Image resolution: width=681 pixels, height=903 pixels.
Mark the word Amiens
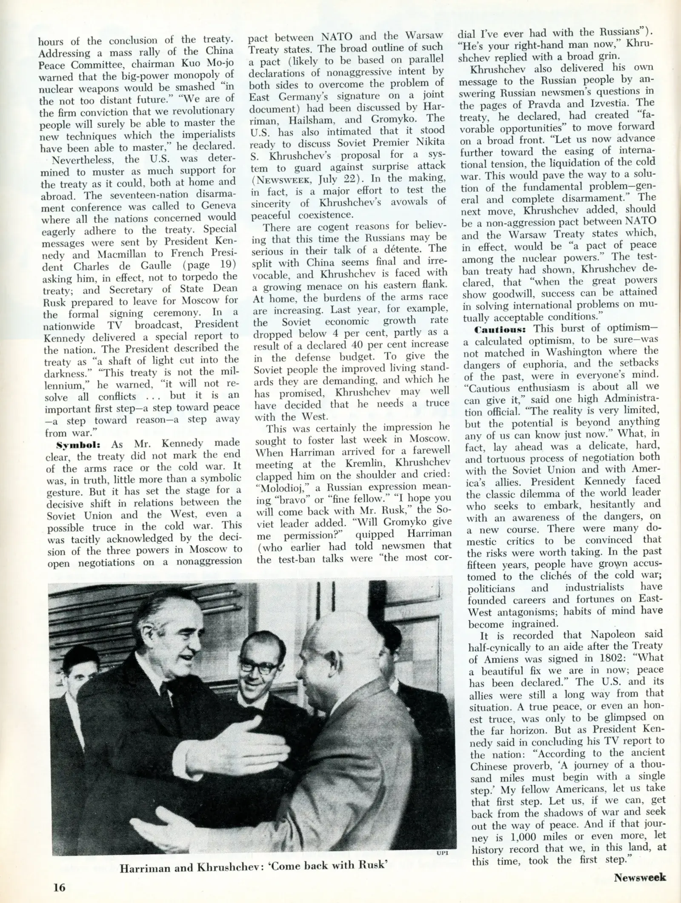497,658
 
